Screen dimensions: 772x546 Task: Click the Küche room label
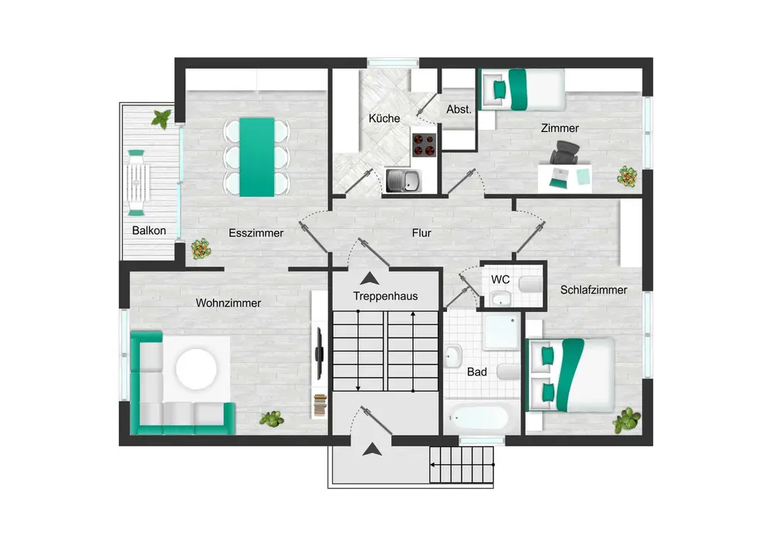point(384,118)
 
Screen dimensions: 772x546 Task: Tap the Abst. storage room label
point(459,110)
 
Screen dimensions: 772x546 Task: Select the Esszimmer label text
point(256,233)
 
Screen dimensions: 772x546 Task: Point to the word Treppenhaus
point(385,296)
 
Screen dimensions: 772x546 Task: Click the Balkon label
point(149,230)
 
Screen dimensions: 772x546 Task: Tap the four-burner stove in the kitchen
point(424,144)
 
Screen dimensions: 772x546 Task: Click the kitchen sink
point(403,180)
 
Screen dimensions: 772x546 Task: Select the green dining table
point(257,157)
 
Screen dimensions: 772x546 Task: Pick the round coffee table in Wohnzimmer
point(196,368)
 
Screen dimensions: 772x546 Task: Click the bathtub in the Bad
point(479,418)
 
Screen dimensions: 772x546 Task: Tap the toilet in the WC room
point(530,284)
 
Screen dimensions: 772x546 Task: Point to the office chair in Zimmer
point(565,152)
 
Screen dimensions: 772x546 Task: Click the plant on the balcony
point(161,119)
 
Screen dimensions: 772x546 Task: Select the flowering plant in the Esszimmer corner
point(201,249)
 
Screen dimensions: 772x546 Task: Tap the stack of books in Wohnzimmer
point(320,405)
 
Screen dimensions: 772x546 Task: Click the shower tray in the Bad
point(501,331)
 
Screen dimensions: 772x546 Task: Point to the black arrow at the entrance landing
point(372,449)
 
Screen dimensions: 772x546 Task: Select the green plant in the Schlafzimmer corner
point(627,421)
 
